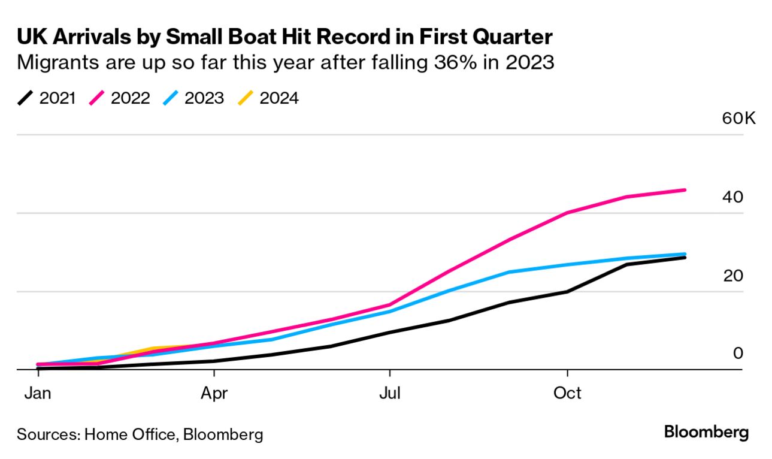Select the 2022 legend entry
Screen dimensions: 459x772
pos(120,98)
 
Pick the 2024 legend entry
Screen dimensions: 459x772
pos(268,98)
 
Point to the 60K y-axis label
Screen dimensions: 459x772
pos(739,118)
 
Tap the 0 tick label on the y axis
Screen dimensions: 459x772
pos(738,354)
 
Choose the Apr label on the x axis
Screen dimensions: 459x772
pos(214,393)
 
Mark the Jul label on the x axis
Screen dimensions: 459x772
pos(389,393)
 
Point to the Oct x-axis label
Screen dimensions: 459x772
pos(567,393)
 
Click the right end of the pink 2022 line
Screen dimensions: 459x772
pos(685,190)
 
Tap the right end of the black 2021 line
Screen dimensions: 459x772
pos(685,258)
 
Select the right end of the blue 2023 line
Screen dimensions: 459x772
pos(685,254)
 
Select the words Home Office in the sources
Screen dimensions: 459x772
pos(129,434)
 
